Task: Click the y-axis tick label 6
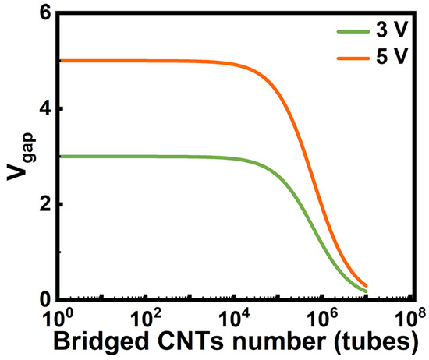click(x=45, y=14)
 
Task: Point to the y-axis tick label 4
click(x=45, y=109)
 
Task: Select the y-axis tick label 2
click(x=45, y=204)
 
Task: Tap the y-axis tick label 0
click(x=45, y=299)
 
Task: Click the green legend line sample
click(x=353, y=31)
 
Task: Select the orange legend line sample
click(x=353, y=58)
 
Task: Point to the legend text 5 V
click(x=392, y=56)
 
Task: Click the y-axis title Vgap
click(x=21, y=157)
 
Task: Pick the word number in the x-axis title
click(x=279, y=341)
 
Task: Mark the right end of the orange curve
click(x=366, y=285)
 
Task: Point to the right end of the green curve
click(x=366, y=291)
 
